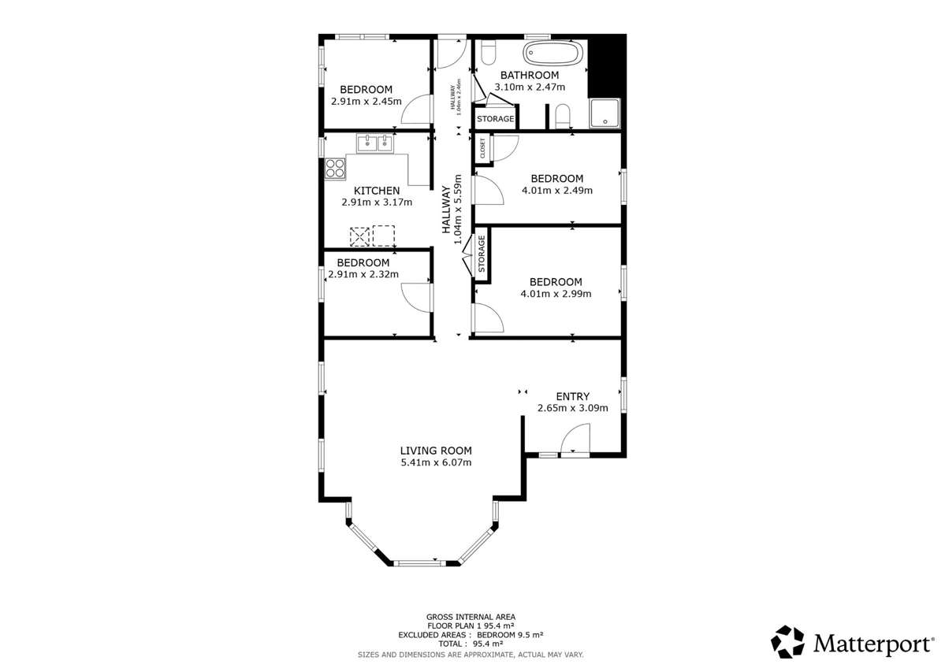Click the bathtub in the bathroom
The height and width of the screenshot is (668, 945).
click(x=554, y=54)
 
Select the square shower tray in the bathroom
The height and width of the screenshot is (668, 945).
click(x=605, y=112)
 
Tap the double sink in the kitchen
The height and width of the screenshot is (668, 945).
click(x=374, y=143)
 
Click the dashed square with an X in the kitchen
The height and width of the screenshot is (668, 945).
click(x=359, y=236)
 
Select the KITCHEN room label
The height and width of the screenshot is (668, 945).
click(x=376, y=191)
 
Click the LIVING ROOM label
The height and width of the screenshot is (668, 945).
click(x=436, y=451)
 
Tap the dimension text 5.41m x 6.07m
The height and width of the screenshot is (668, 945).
click(x=436, y=462)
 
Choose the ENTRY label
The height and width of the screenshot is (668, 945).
click(x=572, y=396)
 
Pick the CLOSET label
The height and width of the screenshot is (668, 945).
click(x=482, y=148)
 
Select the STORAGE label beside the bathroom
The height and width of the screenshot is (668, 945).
click(x=495, y=119)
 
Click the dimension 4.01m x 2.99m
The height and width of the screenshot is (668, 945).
click(x=556, y=294)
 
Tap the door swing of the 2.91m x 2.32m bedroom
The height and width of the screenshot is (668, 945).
click(x=418, y=298)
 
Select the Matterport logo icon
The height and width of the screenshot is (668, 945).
click(x=787, y=641)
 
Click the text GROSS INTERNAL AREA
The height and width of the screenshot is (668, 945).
click(x=471, y=617)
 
